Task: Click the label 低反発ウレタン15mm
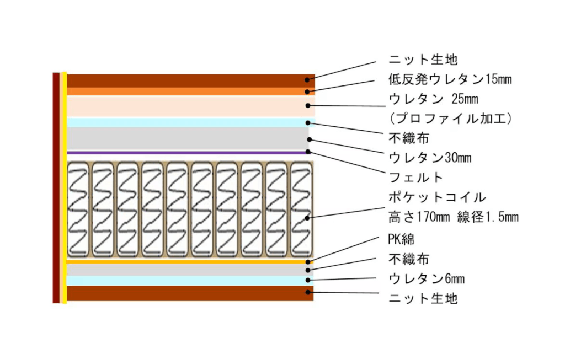click(450, 79)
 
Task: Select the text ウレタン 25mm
click(434, 99)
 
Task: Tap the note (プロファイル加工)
click(451, 119)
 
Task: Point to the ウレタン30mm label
click(430, 158)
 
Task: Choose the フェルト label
click(416, 177)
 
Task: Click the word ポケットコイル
click(437, 197)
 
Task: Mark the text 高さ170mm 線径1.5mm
click(454, 217)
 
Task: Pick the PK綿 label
click(401, 239)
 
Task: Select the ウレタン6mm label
click(427, 278)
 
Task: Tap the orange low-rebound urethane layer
click(190, 92)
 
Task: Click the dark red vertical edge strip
click(56, 188)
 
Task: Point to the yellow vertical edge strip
click(65, 188)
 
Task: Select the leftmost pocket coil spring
click(78, 210)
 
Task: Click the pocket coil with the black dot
click(301, 210)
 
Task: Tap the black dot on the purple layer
click(308, 152)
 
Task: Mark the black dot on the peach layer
click(308, 105)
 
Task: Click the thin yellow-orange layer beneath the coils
click(190, 262)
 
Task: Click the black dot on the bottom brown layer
click(308, 292)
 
